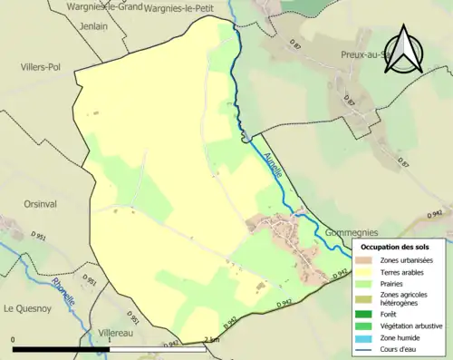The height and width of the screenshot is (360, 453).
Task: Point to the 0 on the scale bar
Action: click(14, 340)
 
